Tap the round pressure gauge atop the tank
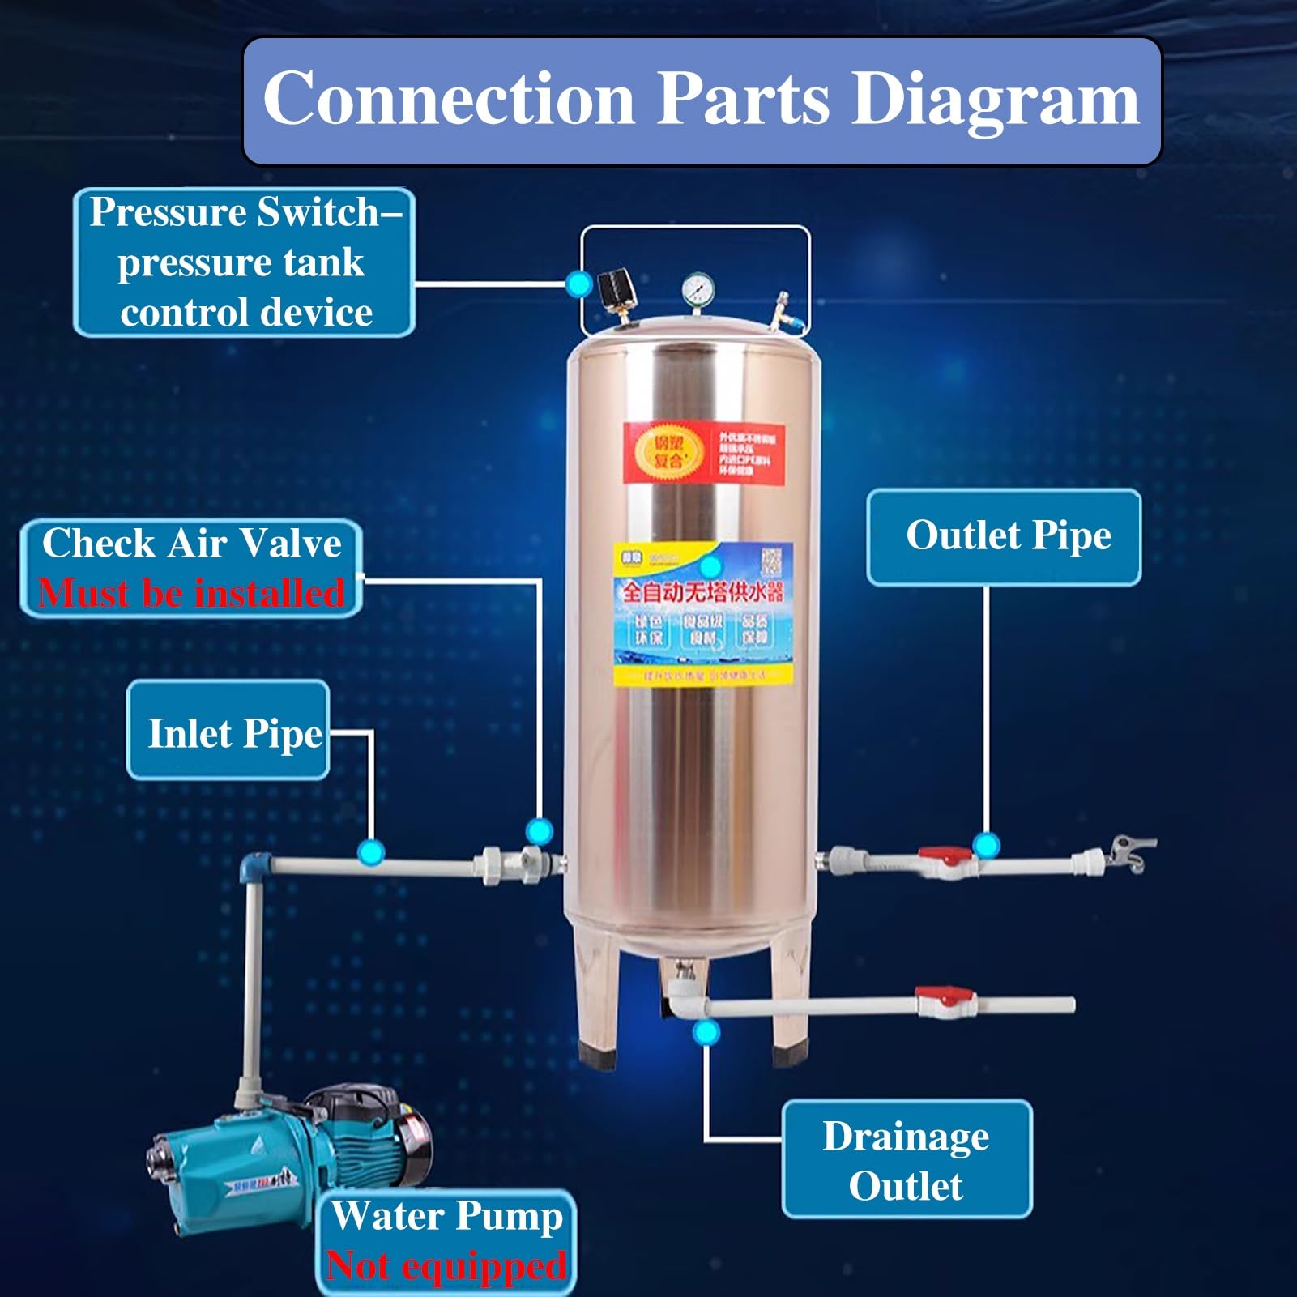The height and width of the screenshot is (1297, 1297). pyautogui.click(x=698, y=288)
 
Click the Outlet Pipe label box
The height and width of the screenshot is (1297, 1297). pyautogui.click(x=1004, y=536)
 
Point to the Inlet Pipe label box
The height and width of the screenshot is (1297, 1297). pyautogui.click(x=228, y=732)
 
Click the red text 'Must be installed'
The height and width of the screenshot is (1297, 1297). pyautogui.click(x=191, y=593)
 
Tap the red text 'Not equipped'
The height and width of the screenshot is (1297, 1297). pyautogui.click(x=446, y=1266)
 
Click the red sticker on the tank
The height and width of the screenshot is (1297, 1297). pyautogui.click(x=703, y=453)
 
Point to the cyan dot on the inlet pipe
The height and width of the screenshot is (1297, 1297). pyautogui.click(x=371, y=851)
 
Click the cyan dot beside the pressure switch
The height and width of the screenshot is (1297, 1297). pyautogui.click(x=578, y=284)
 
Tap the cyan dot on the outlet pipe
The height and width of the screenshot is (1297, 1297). pyautogui.click(x=986, y=845)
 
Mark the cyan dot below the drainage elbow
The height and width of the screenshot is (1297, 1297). pyautogui.click(x=706, y=1032)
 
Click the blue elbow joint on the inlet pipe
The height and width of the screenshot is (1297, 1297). pyautogui.click(x=256, y=866)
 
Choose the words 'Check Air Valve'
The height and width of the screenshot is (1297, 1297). pyautogui.click(x=191, y=543)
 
